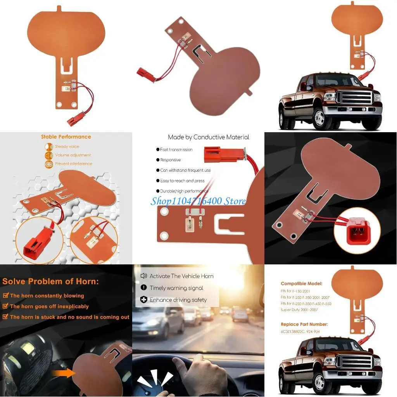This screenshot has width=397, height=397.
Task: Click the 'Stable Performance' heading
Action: coord(66,137)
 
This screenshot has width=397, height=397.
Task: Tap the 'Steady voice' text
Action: coord(67,147)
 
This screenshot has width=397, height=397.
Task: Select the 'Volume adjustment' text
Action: coord(72,155)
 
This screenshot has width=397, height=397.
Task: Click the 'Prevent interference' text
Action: coord(73,164)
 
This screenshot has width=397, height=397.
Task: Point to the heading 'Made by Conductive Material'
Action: coord(208,137)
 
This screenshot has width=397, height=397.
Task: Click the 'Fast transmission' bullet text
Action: coord(176,150)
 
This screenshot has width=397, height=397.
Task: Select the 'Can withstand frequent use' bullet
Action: coord(185,170)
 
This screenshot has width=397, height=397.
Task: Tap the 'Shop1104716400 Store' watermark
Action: coord(198,201)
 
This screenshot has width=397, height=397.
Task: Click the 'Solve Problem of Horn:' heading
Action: coord(50,281)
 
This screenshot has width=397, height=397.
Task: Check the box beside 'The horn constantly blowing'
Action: coord(5,295)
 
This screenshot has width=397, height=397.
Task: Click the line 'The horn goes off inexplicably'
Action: coord(49,306)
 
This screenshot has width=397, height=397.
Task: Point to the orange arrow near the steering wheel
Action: coord(62,374)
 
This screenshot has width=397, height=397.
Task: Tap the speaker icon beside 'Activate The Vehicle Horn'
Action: coord(143,276)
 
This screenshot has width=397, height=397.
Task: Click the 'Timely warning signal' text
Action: coord(176,288)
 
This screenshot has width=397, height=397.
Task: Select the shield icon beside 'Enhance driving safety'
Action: coord(143,300)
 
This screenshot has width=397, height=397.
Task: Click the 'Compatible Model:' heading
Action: coord(301,284)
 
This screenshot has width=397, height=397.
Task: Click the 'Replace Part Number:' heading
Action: coord(304,324)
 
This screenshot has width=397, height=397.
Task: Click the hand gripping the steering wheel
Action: coord(194,375)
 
